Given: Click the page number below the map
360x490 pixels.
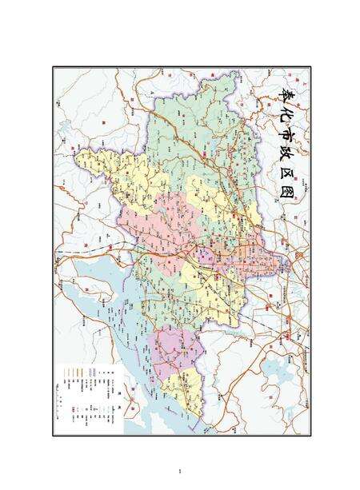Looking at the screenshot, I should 181,471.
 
